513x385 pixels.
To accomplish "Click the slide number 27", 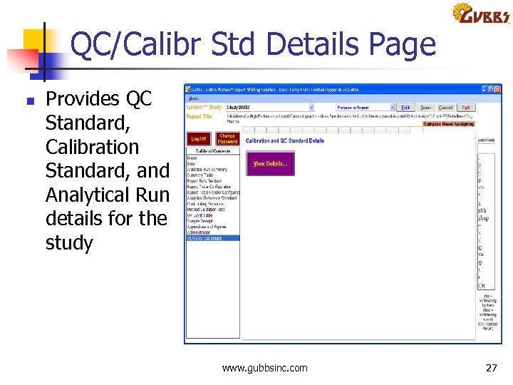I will [491, 368].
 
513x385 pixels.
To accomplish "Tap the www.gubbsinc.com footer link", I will [265, 368].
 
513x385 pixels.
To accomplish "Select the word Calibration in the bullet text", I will [92, 147].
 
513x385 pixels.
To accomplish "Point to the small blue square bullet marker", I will [29, 101].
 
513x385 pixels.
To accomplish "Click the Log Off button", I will [199, 139].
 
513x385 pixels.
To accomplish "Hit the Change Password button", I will [227, 139].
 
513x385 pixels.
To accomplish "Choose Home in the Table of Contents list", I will [192, 158].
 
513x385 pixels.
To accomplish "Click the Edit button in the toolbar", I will [405, 108].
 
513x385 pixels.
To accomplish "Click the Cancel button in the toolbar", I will [445, 108].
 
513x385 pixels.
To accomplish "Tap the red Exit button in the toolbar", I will [465, 108].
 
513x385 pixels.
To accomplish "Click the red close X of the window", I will [499, 90].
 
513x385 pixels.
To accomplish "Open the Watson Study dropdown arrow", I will [312, 108].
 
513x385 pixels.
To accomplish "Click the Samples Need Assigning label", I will [447, 123].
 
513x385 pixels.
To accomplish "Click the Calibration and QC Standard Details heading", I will [285, 141].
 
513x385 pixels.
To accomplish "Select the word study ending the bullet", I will [69, 243].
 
